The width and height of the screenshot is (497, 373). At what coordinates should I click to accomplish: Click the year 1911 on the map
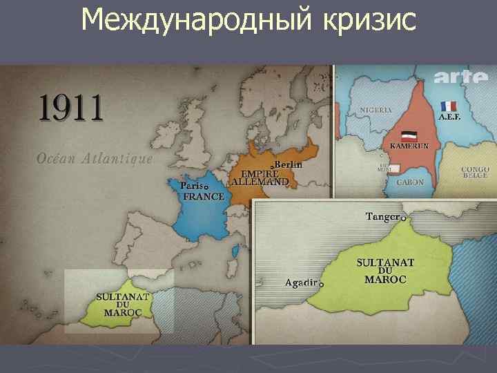pos(70,108)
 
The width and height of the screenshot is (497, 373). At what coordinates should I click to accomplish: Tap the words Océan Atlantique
pos(95,158)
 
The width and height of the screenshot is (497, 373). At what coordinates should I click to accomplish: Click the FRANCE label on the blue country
pos(204,196)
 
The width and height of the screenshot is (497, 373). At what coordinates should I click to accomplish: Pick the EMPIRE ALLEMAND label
pos(260,178)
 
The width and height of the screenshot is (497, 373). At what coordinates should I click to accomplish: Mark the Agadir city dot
pos(321,284)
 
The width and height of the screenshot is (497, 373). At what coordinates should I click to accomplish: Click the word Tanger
pos(382,217)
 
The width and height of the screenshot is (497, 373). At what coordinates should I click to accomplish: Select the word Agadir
pos(301,283)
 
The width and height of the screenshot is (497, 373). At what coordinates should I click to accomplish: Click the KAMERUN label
pos(410,146)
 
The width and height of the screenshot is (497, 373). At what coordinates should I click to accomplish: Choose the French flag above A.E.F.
pos(449,106)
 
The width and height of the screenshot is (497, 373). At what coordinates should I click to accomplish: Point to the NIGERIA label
pos(376,110)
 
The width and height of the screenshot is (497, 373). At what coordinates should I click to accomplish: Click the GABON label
pos(410,182)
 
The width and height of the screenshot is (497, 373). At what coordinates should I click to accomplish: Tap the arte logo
pos(461,78)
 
